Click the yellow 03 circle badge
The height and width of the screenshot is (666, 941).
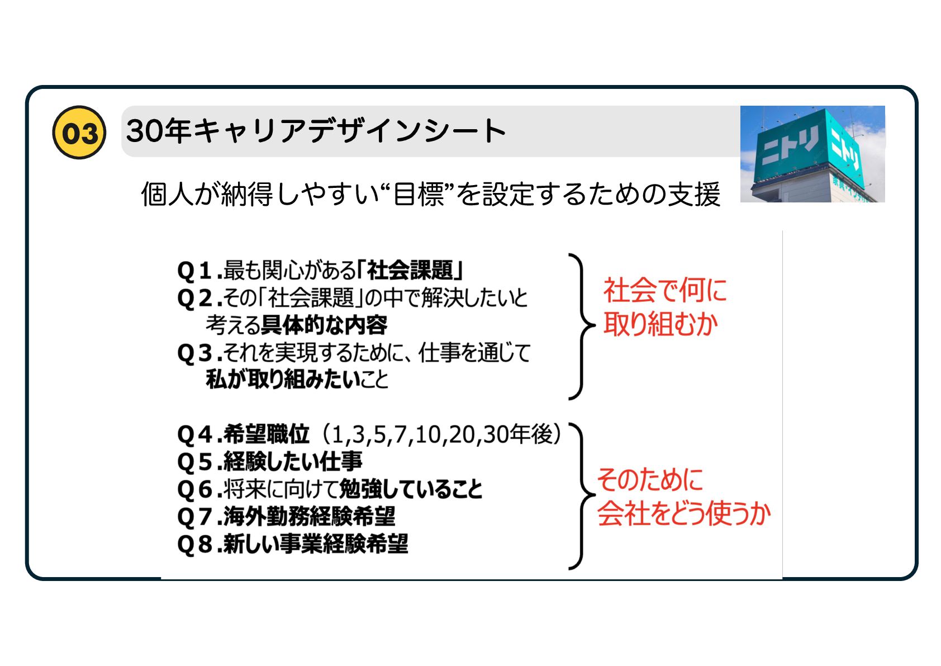[79, 133]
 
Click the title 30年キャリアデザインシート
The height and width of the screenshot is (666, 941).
[316, 131]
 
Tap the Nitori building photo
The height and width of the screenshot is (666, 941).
[812, 154]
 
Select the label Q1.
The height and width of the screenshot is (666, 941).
[195, 271]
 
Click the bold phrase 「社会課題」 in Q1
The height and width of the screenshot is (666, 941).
[411, 270]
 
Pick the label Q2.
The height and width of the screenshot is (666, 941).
[195, 298]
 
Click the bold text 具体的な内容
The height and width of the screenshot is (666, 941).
[325, 325]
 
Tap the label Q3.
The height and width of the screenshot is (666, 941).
[195, 353]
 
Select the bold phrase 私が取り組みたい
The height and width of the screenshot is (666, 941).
[283, 380]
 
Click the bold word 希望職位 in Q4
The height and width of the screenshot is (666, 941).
[266, 434]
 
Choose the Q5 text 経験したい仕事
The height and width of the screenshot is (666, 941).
[292, 461]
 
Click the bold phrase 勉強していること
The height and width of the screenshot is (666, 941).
[411, 489]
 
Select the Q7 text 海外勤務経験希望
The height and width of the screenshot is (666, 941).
[309, 516]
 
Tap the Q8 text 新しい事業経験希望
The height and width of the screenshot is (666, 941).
[316, 544]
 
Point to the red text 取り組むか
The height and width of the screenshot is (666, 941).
[660, 324]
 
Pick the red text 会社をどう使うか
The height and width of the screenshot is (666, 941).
[684, 513]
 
